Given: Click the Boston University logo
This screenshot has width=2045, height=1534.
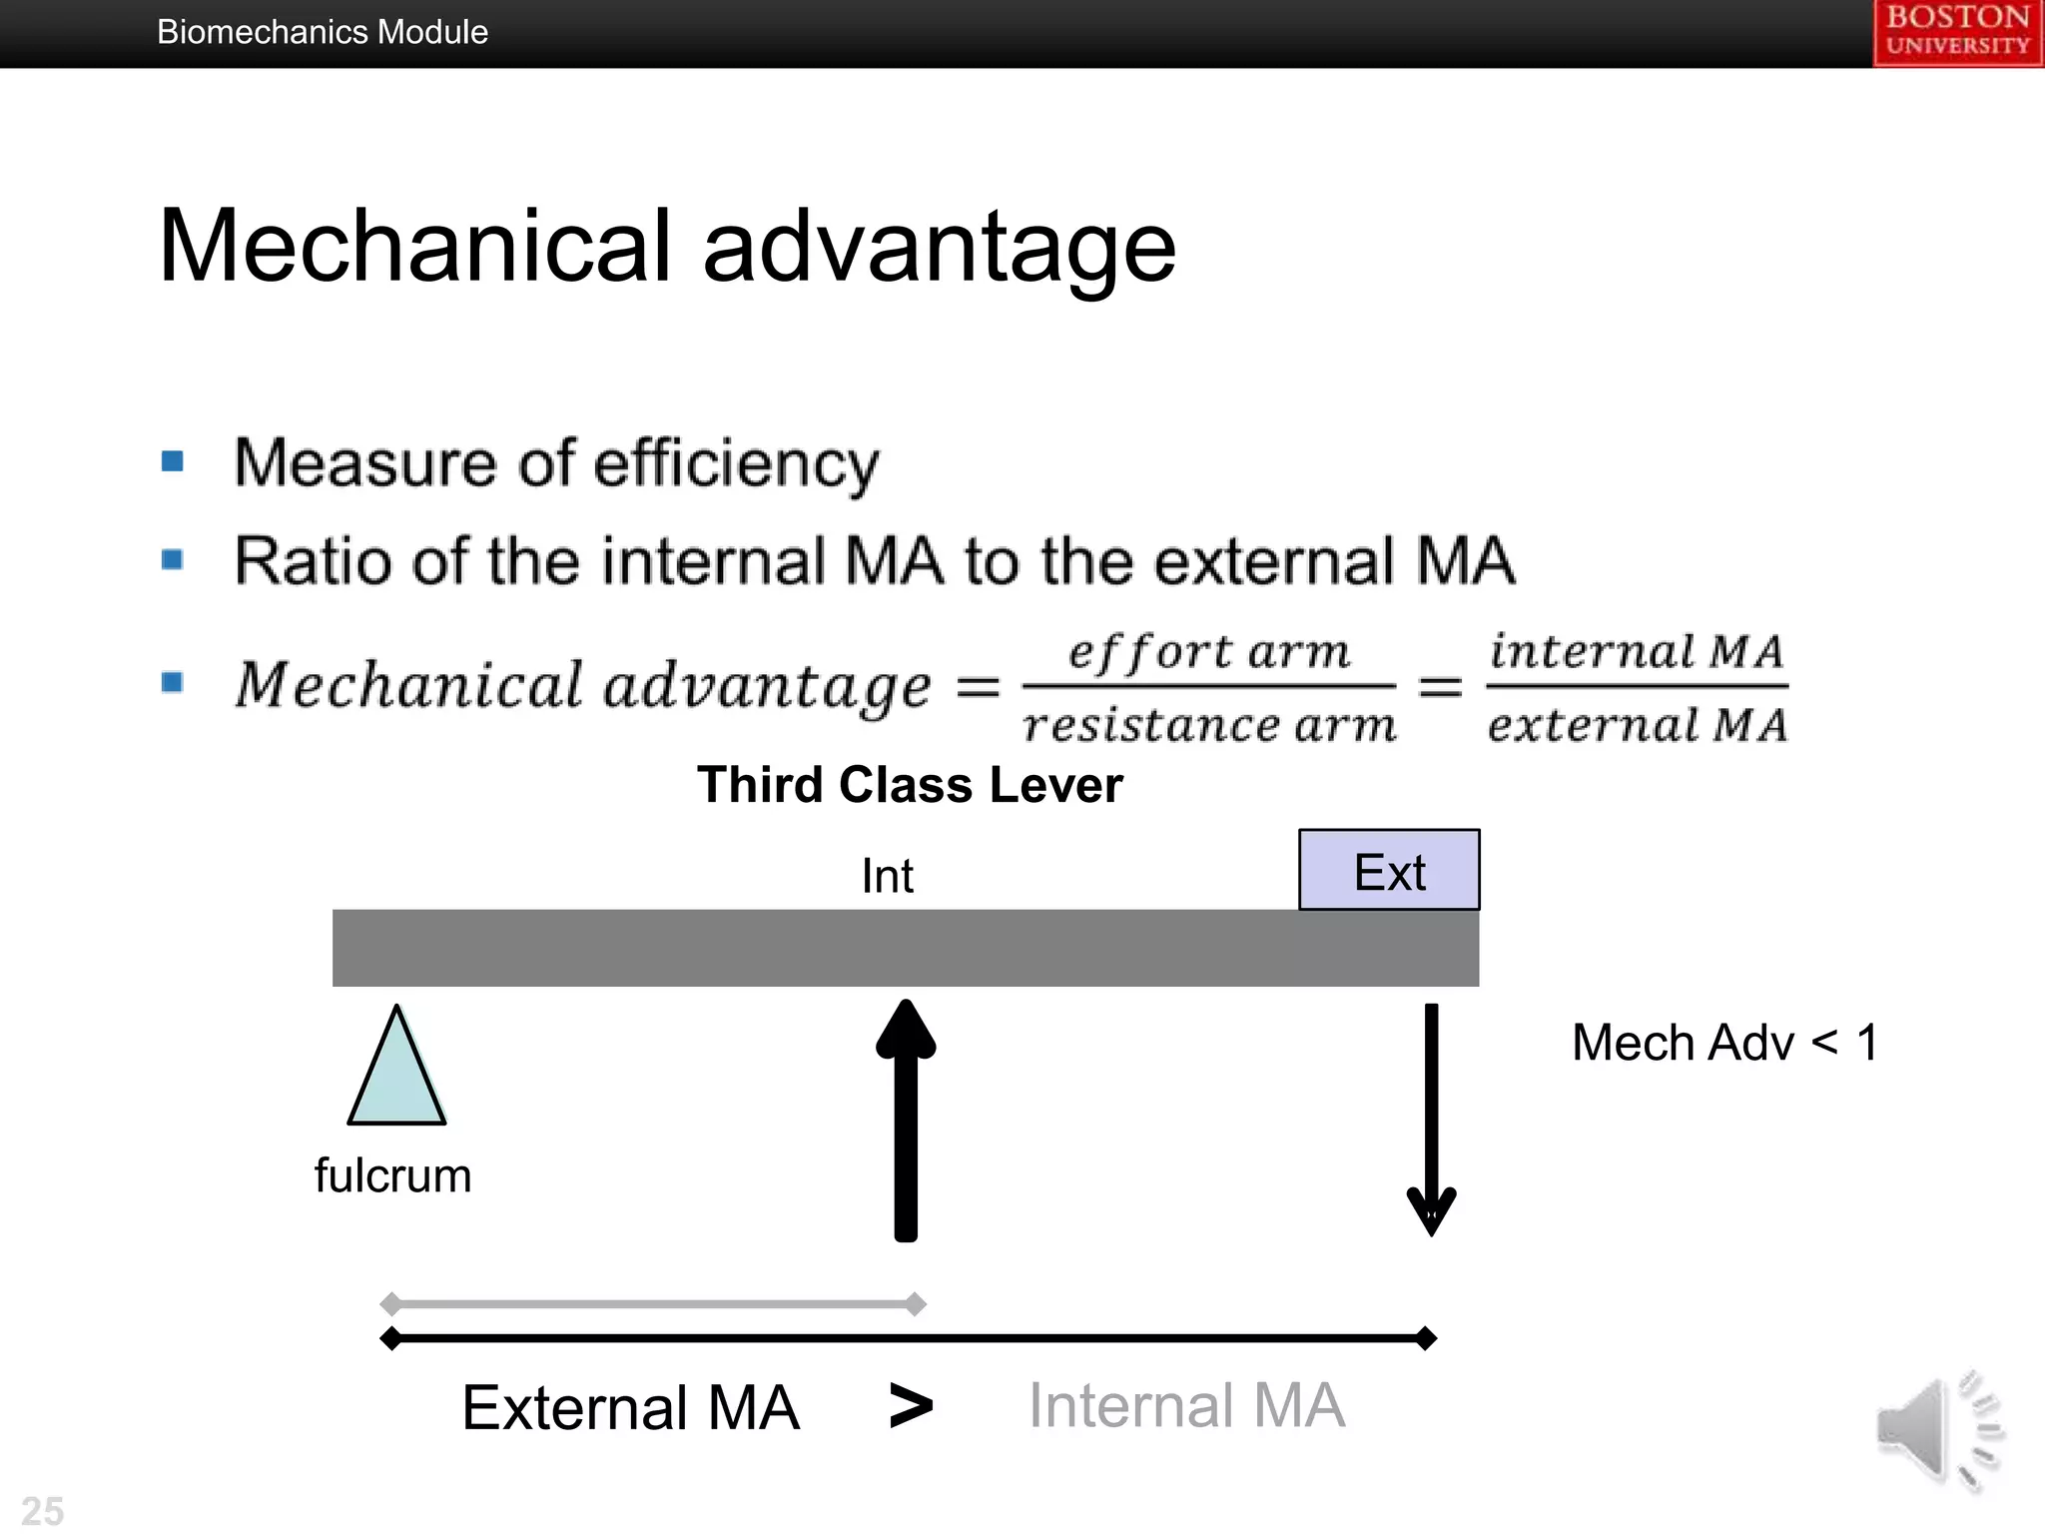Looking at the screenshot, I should [x=1957, y=32].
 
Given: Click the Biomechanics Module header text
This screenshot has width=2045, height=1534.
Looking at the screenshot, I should [x=322, y=32].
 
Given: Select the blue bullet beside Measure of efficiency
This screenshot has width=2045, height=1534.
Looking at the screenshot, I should [x=173, y=461].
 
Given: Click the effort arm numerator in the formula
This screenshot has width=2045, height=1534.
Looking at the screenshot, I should [x=1208, y=652].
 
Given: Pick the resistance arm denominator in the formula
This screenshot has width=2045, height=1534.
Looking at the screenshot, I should [x=1208, y=724].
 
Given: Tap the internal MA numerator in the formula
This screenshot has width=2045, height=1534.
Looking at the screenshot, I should [x=1636, y=652].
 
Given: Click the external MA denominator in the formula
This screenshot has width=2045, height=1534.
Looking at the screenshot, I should [x=1636, y=724].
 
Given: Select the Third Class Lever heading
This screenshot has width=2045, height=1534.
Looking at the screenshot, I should [x=910, y=784].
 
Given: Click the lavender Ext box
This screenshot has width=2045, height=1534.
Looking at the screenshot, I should [x=1389, y=870].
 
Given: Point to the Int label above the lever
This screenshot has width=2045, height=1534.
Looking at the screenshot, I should [x=887, y=876].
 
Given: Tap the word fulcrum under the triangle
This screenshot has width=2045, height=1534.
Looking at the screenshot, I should [x=392, y=1175].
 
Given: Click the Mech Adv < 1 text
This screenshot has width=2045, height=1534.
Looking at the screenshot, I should [x=1724, y=1043].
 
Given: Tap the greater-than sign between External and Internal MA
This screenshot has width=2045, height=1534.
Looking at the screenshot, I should [x=910, y=1406].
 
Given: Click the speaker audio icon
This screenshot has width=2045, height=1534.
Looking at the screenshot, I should [x=1937, y=1430].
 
